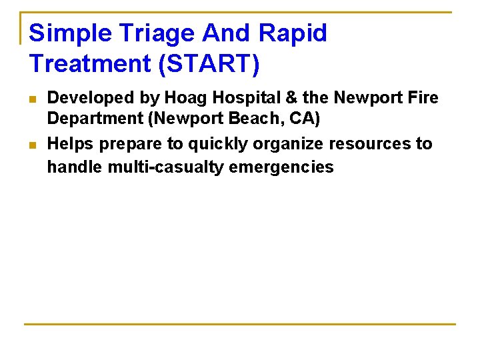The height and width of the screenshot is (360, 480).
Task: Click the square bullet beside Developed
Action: [x=33, y=99]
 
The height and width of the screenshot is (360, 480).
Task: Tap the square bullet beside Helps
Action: [x=33, y=145]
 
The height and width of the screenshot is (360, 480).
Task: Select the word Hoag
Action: [x=180, y=98]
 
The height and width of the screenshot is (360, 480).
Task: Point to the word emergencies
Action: [x=281, y=167]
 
